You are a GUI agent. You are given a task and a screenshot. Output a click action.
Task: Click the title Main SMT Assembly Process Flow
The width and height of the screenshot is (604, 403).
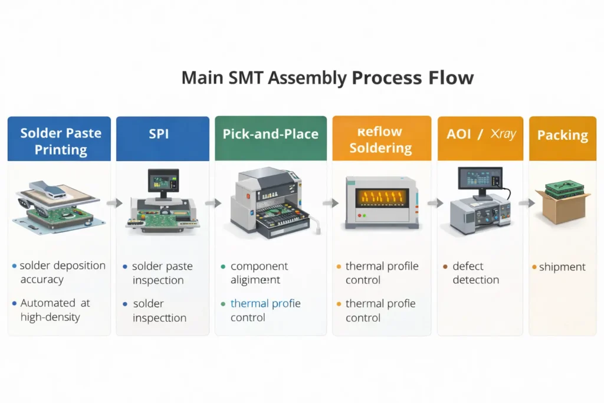(327, 77)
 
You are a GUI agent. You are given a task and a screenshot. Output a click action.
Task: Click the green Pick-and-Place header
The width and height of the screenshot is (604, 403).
(271, 135)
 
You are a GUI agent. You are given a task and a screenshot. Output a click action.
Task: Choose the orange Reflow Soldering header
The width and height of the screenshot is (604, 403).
(380, 139)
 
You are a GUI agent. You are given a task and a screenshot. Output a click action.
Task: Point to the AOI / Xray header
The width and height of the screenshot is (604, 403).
(480, 135)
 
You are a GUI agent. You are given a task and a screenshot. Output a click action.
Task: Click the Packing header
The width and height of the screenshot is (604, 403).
(562, 136)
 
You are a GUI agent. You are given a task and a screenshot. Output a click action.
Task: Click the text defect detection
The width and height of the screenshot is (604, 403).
(475, 273)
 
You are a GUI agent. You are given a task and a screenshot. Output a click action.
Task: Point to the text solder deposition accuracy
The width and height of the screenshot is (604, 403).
(62, 273)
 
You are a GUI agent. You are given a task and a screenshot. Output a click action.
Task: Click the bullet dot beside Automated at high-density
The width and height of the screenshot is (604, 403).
(14, 303)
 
